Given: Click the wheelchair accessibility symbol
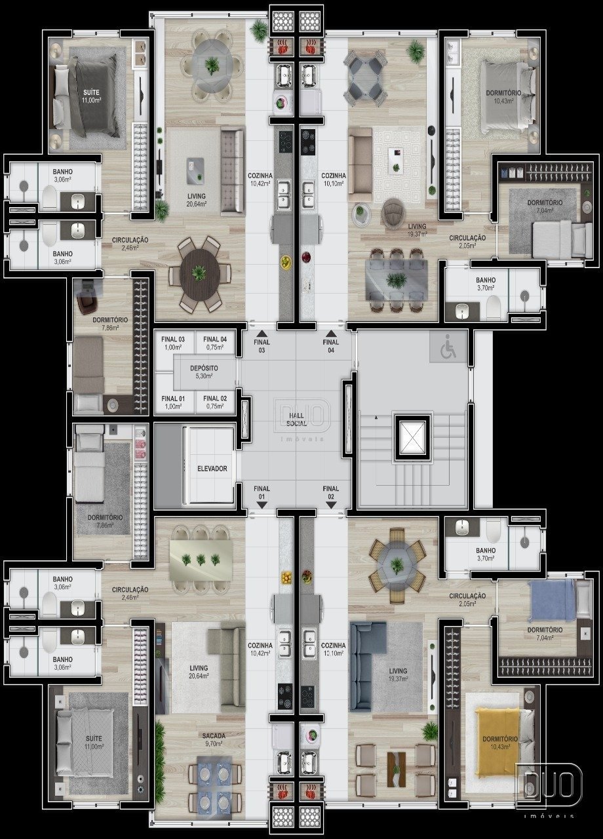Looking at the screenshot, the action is click(448, 350).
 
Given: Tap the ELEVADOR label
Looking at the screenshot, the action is click(212, 469).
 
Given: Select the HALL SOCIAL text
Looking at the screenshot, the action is click(296, 419).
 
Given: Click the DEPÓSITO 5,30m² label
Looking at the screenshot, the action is click(204, 372).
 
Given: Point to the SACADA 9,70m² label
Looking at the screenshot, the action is click(214, 740).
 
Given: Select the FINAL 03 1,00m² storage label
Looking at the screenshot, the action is click(173, 343).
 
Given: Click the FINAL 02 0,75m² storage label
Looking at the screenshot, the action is click(215, 402).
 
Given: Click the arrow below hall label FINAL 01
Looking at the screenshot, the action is click(262, 505).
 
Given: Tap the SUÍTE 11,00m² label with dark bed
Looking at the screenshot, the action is click(91, 96).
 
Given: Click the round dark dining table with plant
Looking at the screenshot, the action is click(200, 274).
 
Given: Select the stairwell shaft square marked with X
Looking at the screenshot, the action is click(412, 437).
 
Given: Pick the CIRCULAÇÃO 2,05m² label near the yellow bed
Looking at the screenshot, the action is click(467, 599).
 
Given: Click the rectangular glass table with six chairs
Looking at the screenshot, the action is click(397, 280).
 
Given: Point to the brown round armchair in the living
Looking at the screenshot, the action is click(393, 213).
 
